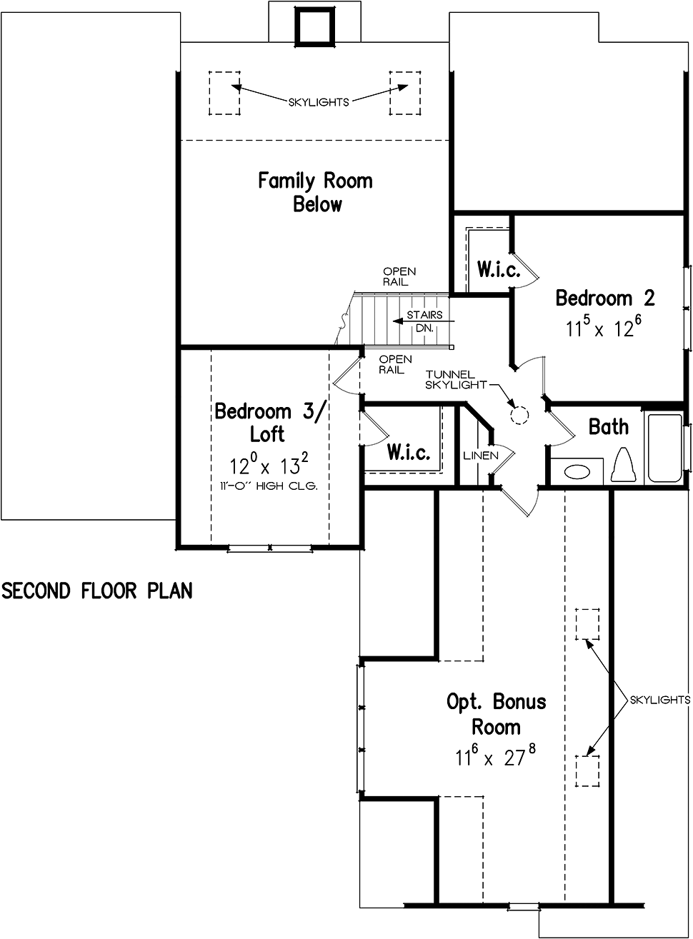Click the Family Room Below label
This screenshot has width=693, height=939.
pyautogui.click(x=316, y=192)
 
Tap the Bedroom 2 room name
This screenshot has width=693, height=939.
pyautogui.click(x=605, y=298)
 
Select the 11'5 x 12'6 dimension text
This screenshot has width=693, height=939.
pyautogui.click(x=604, y=327)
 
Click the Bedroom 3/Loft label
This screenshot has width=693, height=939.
pyautogui.click(x=270, y=422)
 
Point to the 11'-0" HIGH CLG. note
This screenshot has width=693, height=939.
pyautogui.click(x=269, y=486)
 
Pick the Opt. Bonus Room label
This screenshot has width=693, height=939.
pyautogui.click(x=497, y=714)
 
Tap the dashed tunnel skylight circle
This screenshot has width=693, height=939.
pyautogui.click(x=519, y=415)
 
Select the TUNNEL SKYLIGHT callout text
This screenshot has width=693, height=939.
pyautogui.click(x=456, y=379)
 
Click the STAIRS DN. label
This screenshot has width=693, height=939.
pyautogui.click(x=424, y=321)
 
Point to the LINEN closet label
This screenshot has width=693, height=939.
pyautogui.click(x=481, y=456)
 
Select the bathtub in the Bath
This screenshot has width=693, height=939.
pyautogui.click(x=665, y=448)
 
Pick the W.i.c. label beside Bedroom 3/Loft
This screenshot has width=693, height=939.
pyautogui.click(x=409, y=452)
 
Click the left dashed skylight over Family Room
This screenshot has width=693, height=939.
pyautogui.click(x=224, y=93)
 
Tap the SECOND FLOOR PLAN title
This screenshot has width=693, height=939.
pyautogui.click(x=97, y=591)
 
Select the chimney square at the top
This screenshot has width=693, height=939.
pyautogui.click(x=315, y=26)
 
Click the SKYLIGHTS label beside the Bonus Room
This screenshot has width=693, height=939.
pyautogui.click(x=660, y=700)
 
